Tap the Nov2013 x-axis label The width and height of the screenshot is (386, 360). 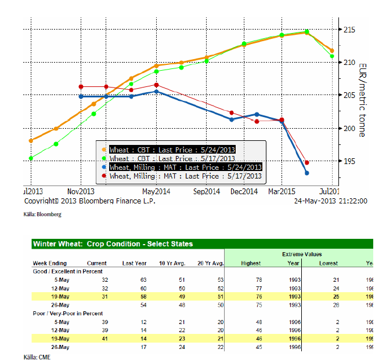(x=81, y=191)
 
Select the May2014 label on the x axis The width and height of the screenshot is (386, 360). (x=157, y=191)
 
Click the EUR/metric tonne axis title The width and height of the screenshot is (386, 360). (x=363, y=100)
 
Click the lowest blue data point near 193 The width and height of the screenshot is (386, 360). (x=306, y=173)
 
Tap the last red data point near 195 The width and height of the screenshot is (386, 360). (x=306, y=162)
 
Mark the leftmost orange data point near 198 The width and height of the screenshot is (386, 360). (x=31, y=140)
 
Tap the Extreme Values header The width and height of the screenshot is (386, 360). (x=302, y=254)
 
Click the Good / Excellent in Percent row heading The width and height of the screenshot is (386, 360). (x=68, y=271)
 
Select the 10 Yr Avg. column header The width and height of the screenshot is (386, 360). (x=171, y=263)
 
